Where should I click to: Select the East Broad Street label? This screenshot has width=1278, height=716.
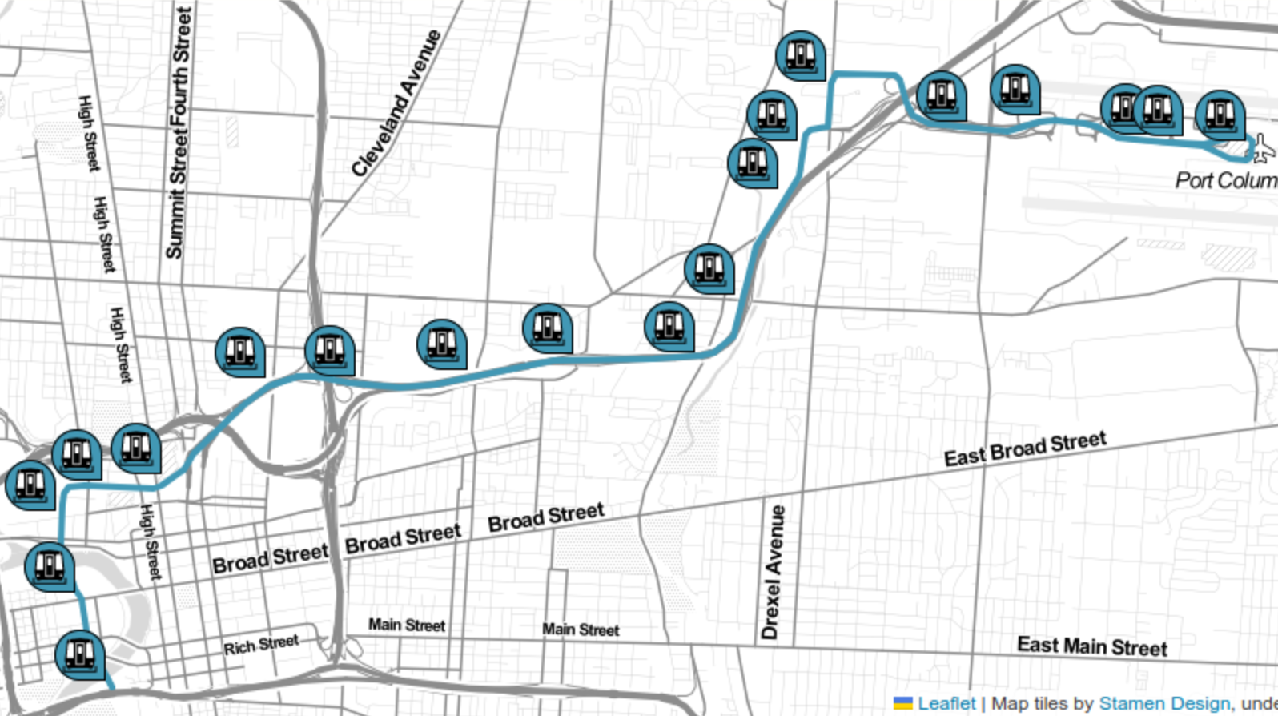coord(1025,449)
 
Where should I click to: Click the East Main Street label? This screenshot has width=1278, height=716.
coord(1091,646)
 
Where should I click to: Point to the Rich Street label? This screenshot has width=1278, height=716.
coord(261,645)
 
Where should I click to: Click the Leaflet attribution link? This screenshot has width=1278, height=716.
coord(946,704)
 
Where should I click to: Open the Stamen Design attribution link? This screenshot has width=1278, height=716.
coord(1163,704)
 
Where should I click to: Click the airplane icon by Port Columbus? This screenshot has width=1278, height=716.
coord(1261,148)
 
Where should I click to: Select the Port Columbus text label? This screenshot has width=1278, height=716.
coord(1225,180)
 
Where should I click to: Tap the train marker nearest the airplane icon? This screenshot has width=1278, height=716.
coord(1220,114)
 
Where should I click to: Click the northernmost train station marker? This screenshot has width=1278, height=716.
coord(800,54)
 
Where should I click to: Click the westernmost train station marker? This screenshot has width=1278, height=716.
coord(30,484)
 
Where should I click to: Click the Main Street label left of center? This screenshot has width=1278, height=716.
coord(406,625)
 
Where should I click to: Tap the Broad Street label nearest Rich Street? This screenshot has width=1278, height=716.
coord(270,558)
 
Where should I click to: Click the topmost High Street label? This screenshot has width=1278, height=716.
coord(89,133)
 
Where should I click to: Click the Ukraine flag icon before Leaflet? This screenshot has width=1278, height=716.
coord(902,704)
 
